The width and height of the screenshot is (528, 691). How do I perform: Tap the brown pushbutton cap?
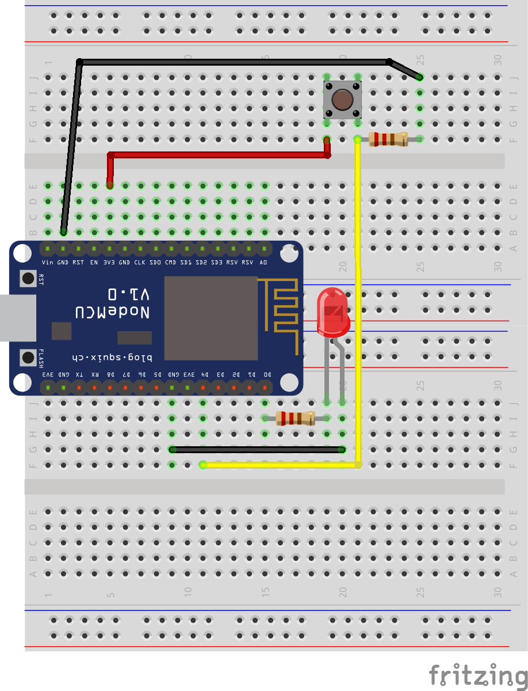342,100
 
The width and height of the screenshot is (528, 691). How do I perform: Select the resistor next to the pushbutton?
388,139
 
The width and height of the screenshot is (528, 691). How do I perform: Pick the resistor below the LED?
295,419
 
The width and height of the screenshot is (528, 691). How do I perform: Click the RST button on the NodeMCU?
28,279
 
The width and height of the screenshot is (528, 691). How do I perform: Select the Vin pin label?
48,263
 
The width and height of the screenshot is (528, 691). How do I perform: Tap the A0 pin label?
264,263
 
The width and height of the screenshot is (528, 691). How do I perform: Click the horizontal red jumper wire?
219,155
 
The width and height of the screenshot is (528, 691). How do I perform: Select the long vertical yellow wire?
358,299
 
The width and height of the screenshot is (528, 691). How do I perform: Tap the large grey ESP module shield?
211,318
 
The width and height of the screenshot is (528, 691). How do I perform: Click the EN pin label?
94,263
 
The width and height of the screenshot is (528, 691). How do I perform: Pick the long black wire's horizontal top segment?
230,62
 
